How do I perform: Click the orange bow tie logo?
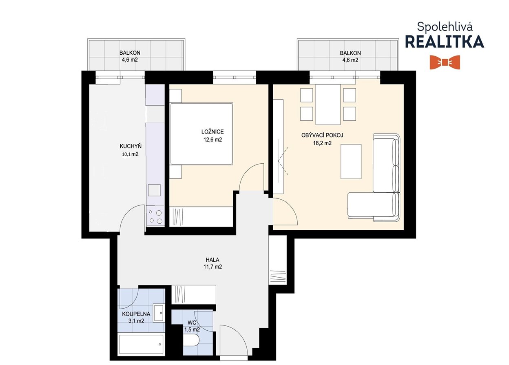(445, 62)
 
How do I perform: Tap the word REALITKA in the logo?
(445, 42)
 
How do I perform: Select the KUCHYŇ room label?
(131, 146)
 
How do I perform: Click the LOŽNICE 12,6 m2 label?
(212, 136)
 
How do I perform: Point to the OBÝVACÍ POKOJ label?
(322, 135)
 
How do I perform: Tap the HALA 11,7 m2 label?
(212, 263)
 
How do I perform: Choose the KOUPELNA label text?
(136, 314)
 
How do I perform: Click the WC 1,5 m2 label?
(192, 326)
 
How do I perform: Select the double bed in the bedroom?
(201, 134)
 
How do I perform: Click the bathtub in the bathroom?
(142, 344)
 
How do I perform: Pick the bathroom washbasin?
(159, 313)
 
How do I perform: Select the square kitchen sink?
(154, 190)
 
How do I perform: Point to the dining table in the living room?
(328, 105)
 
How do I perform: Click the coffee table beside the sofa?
(351, 161)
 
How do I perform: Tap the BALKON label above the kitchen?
(130, 53)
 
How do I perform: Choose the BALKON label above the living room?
(350, 53)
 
